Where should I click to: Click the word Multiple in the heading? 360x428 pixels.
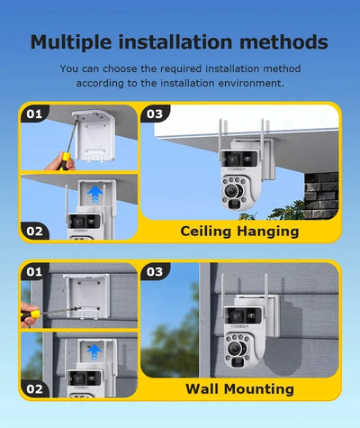coord(71,42)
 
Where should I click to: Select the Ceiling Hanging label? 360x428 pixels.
coord(239,232)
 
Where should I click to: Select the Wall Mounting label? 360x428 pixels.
coord(239,389)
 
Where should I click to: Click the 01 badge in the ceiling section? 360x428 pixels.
coord(34,114)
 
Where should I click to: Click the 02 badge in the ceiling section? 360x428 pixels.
coord(34,231)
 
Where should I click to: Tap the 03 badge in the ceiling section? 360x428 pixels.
coord(155,114)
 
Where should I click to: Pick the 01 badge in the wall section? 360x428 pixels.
coord(34,272)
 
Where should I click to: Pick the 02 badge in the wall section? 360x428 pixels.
coord(34,389)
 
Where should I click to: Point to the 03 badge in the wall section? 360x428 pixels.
coord(155,272)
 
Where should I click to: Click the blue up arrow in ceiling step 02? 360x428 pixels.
coord(95,194)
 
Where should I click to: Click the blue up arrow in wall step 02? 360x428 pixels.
coord(94,352)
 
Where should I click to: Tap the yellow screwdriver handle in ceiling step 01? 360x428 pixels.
coord(64,160)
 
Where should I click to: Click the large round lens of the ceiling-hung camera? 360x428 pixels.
coord(231,190)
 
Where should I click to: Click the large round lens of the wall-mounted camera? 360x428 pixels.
coord(235,349)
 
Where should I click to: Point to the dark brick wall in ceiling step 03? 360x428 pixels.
coord(321,196)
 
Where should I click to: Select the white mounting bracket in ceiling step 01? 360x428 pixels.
coord(94,135)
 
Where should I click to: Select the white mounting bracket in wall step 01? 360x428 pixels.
coord(86,296)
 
